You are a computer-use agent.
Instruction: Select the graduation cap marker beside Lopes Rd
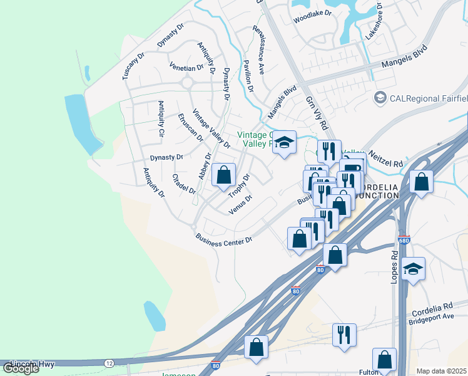pos(413,269)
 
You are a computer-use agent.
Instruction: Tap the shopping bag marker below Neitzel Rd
pos(422,182)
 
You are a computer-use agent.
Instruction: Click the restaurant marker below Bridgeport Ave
pos(344,335)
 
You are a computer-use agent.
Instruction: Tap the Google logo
pos(21,368)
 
